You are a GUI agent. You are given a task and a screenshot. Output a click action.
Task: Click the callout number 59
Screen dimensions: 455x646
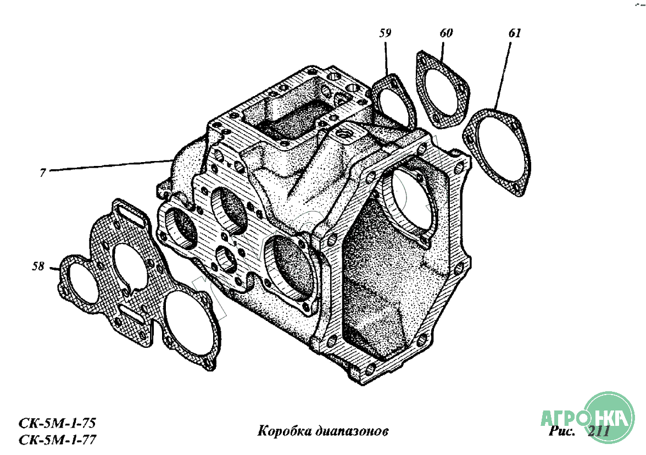coord(385,34)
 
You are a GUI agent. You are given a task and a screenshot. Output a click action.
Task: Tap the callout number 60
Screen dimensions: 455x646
coord(446,33)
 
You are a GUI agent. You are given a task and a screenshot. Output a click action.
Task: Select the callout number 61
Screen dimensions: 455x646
coord(514,33)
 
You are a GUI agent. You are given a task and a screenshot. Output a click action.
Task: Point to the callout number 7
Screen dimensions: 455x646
coord(42,173)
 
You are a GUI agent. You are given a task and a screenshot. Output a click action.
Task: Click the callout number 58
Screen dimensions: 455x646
coord(38,267)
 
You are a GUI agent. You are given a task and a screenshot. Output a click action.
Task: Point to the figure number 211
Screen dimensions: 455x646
coord(599,431)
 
